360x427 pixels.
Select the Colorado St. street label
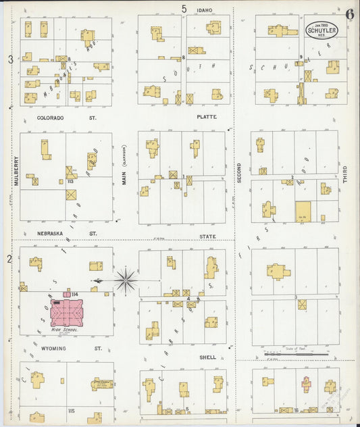pos(59,118)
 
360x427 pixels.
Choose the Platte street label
pos(206,118)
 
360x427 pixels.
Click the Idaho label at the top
pos(205,10)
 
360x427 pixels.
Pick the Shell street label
pos(207,357)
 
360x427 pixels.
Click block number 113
pos(70,181)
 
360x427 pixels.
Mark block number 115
pos(71,410)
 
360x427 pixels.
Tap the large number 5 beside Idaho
pos(184,9)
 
